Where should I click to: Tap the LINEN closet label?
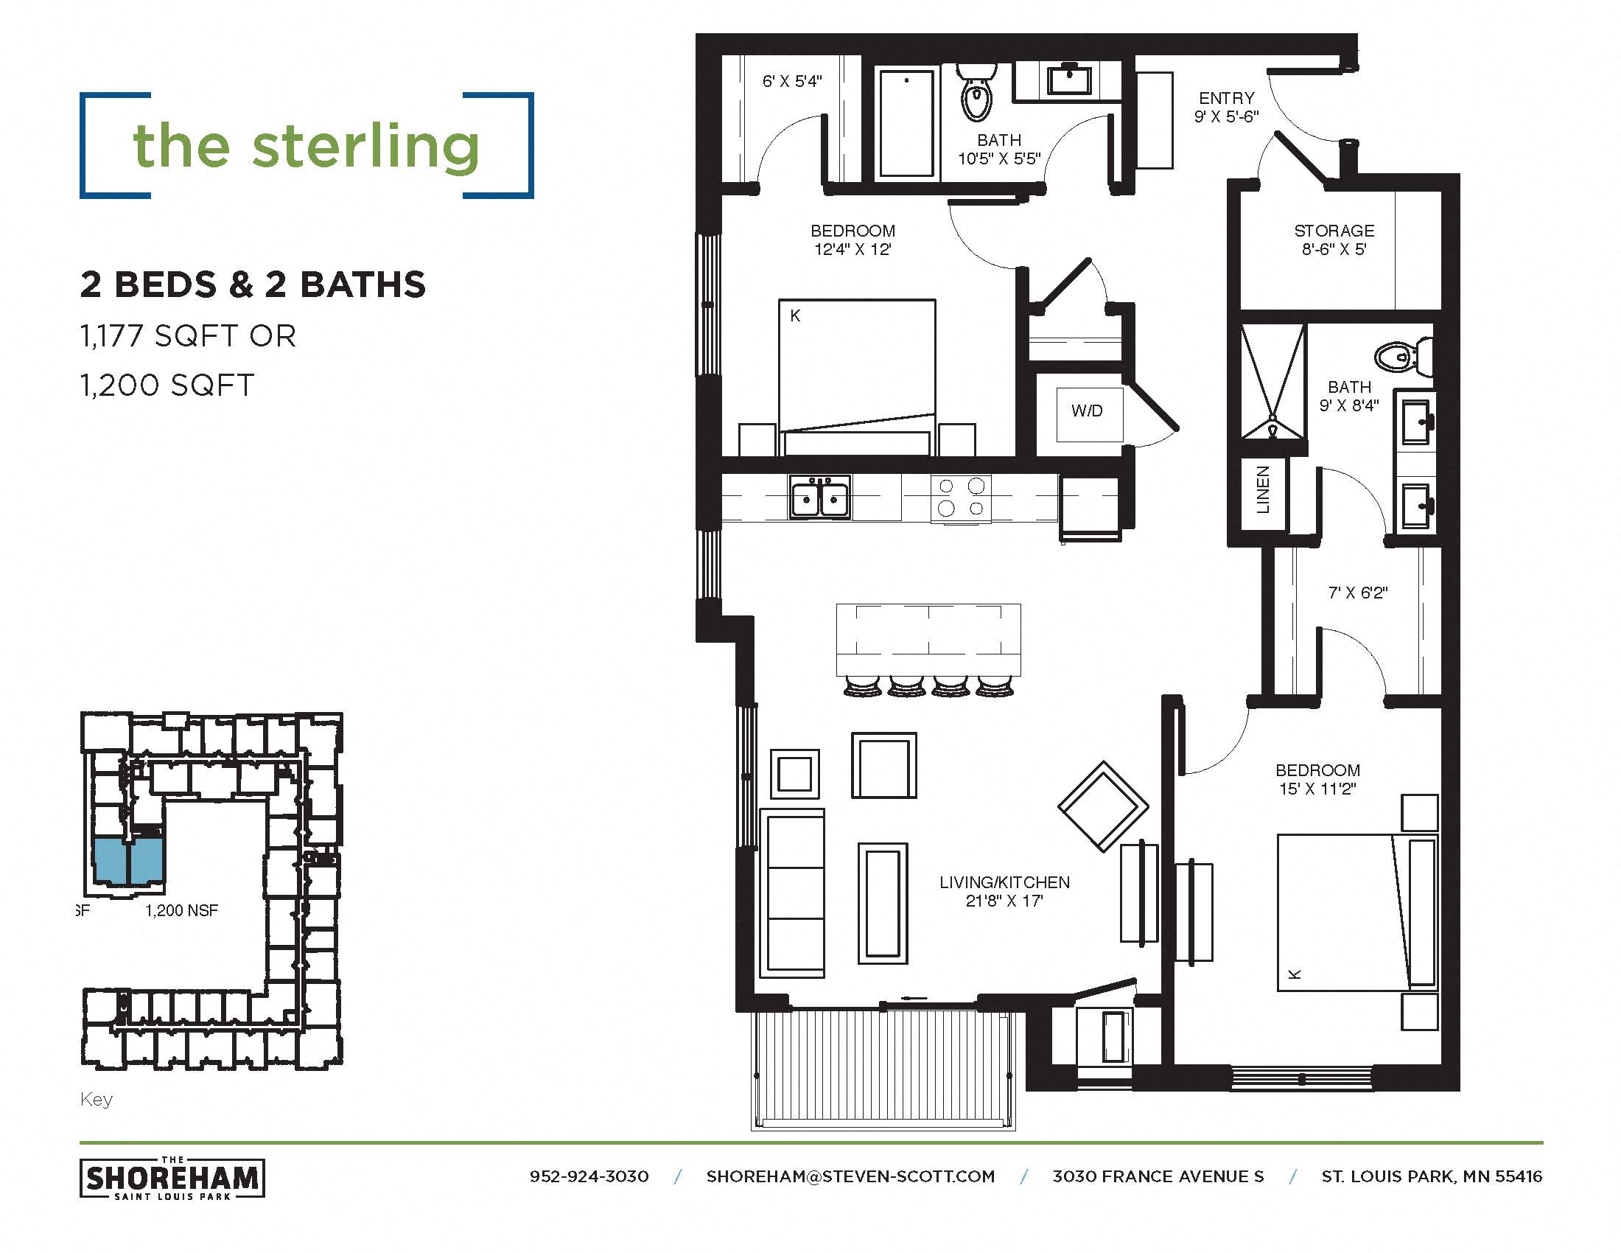[1263, 490]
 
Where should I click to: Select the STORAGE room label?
[1334, 231]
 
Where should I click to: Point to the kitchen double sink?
[819, 498]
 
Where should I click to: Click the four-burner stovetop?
[960, 498]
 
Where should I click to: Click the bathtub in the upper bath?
[906, 123]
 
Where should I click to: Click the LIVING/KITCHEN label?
[1004, 882]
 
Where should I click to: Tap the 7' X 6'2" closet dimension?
[1357, 593]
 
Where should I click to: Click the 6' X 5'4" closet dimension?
[792, 82]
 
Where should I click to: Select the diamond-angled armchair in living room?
[1103, 806]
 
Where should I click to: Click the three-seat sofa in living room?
[793, 894]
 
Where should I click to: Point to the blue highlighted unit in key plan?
[128, 861]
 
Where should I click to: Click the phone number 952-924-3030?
[589, 1176]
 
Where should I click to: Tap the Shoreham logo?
[172, 1178]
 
